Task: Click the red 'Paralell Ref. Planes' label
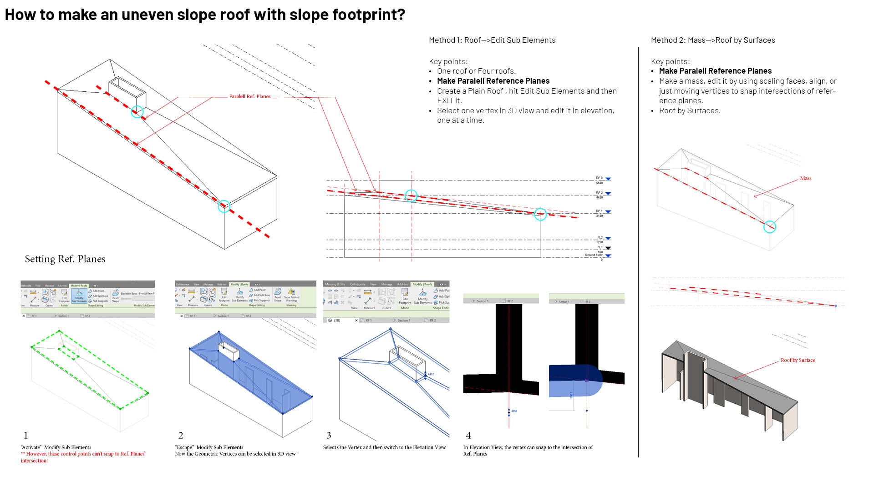[249, 96]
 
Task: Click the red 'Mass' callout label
[805, 178]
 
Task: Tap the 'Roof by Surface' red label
[798, 360]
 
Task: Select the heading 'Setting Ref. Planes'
[65, 259]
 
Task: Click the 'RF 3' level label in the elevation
[599, 178]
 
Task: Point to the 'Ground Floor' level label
[593, 255]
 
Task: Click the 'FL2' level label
[600, 238]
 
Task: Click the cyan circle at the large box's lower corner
[224, 206]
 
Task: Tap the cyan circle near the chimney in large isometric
[137, 112]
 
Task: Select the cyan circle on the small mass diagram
[769, 227]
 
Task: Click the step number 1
[26, 435]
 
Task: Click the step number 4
[468, 435]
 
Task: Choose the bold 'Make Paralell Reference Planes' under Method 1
[493, 81]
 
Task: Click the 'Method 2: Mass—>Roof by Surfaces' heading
[713, 40]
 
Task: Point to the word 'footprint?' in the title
[368, 15]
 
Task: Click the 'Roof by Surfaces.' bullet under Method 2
[690, 110]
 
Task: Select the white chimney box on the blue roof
[229, 352]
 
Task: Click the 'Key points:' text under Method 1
[448, 61]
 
